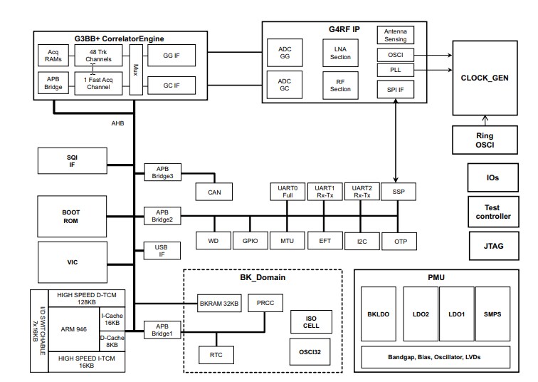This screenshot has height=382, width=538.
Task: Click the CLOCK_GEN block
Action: pos(487,78)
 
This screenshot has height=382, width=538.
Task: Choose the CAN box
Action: pos(215,192)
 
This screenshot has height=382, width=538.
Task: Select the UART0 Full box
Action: pos(287,192)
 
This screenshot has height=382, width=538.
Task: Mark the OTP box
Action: pos(400,241)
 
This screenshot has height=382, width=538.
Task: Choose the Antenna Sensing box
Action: pos(395,36)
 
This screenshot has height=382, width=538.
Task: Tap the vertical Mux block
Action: pos(135,69)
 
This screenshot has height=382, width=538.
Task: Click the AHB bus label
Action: pos(117,123)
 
